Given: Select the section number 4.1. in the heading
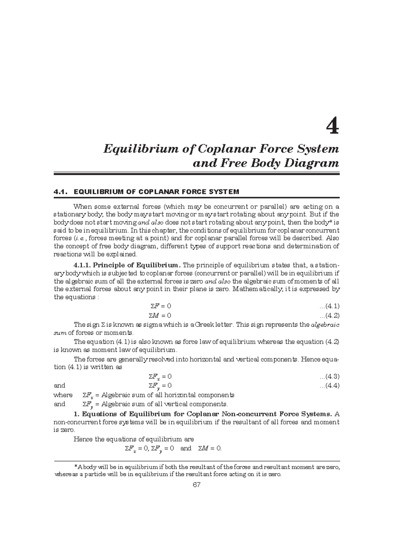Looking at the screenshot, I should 62,192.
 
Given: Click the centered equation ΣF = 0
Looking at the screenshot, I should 159,306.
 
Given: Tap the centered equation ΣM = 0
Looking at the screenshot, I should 159,316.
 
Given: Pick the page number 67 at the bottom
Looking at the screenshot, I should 196,485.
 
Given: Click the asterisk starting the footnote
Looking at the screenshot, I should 76,466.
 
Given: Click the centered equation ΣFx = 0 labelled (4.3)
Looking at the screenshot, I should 159,377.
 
